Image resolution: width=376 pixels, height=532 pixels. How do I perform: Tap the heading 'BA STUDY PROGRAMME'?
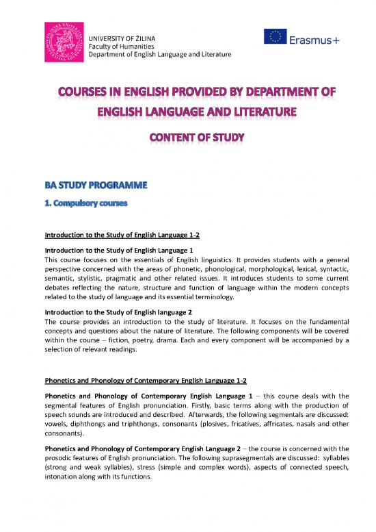pos(91,186)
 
